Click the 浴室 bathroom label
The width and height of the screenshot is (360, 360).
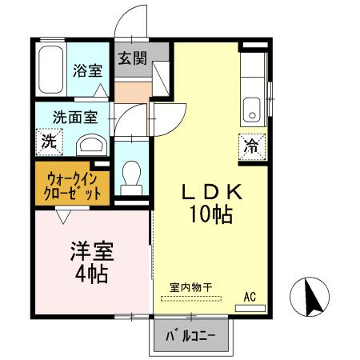pos(87,70)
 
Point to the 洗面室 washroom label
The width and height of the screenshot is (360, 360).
pos(76,117)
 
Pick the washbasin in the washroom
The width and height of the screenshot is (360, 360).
pos(93,144)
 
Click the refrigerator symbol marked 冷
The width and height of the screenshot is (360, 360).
pos(251,146)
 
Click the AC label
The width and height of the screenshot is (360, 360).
pos(250,297)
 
